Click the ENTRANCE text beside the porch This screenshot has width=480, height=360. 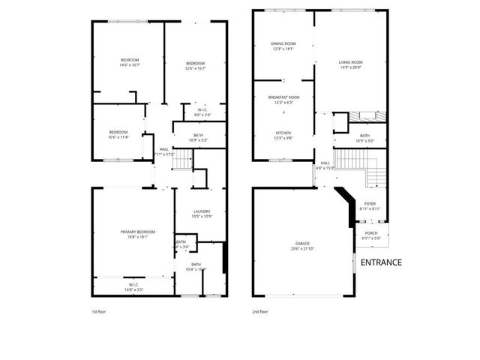(381, 262)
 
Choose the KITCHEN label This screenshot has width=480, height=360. (283, 135)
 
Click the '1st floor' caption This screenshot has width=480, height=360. (99, 310)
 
